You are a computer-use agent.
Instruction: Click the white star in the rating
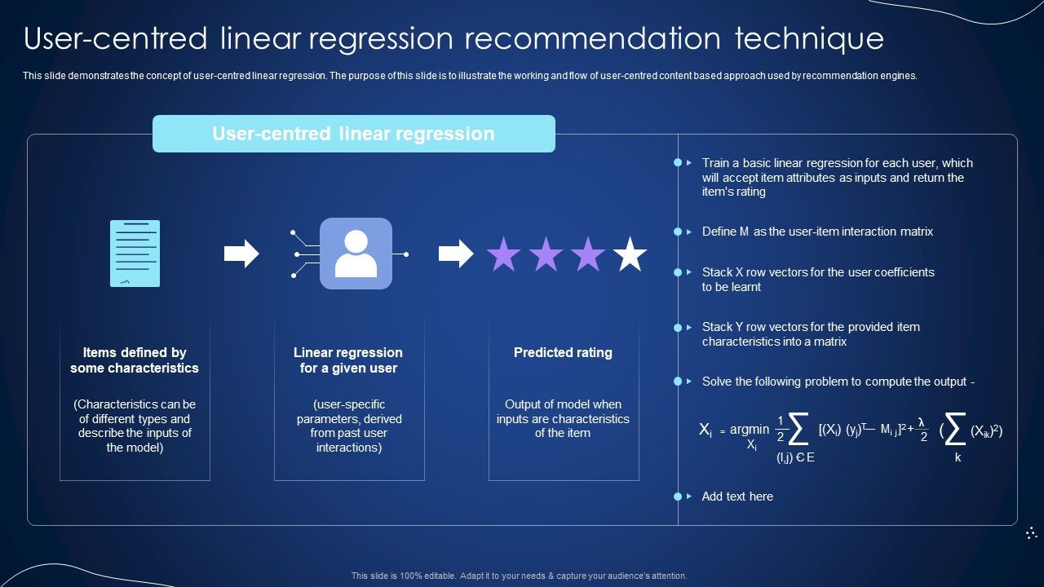point(630,254)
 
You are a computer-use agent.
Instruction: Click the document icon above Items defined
point(135,254)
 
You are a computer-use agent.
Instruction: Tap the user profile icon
point(356,254)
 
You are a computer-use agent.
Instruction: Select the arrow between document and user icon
point(241,254)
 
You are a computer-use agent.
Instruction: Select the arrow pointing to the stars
point(456,254)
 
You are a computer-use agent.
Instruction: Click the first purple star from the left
point(504,254)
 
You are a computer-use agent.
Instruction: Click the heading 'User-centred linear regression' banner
point(353,134)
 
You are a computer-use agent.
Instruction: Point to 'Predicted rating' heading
point(563,352)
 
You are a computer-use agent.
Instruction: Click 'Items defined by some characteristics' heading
point(135,360)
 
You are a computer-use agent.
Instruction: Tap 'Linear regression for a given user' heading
point(348,360)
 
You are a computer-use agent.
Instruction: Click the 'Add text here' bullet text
point(737,496)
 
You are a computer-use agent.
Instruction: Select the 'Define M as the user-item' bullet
point(817,232)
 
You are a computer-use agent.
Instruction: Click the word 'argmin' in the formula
point(749,429)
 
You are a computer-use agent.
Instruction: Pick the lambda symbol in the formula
point(921,421)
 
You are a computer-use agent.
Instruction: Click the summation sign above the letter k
point(956,429)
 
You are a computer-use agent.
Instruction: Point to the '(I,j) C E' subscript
point(795,457)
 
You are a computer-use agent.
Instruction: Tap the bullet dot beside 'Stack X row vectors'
point(677,272)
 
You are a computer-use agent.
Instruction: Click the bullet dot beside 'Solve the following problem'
point(677,381)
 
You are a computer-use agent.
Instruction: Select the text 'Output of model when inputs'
point(563,411)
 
